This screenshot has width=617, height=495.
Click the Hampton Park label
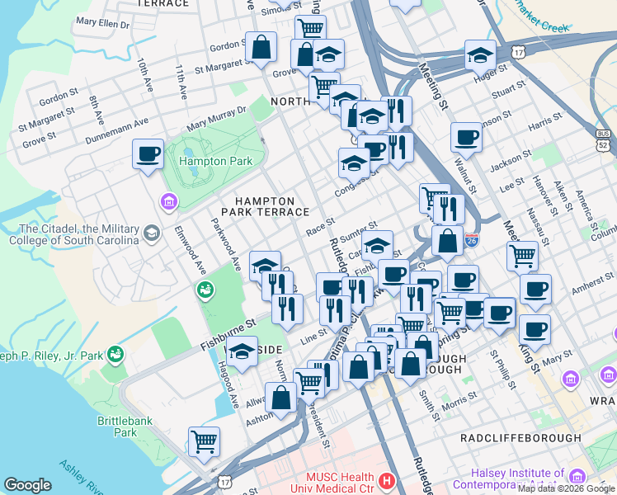(x=215, y=161)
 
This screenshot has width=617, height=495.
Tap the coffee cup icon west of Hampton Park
(x=148, y=154)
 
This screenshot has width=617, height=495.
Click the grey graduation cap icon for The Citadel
(x=151, y=234)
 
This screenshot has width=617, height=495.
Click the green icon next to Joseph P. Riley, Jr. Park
(x=115, y=356)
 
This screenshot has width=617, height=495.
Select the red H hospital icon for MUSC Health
(x=387, y=479)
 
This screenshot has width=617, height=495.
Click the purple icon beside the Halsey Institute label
(x=577, y=477)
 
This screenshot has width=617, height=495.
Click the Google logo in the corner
(x=27, y=485)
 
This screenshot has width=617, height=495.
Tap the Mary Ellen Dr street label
(x=102, y=25)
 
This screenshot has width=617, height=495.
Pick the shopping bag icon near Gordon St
(x=261, y=48)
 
